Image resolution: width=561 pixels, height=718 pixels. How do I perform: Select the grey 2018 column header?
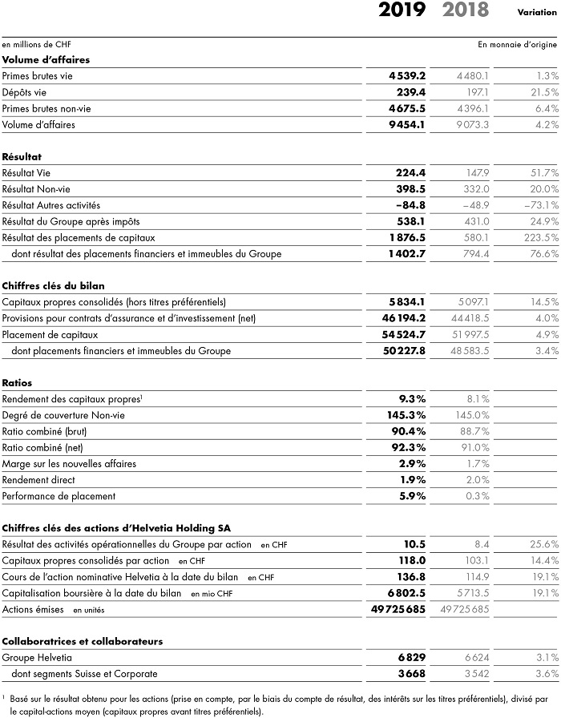pyautogui.click(x=465, y=10)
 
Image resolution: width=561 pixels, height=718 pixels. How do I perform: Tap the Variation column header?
pyautogui.click(x=539, y=12)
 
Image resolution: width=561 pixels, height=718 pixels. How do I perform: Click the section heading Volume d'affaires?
pyautogui.click(x=46, y=59)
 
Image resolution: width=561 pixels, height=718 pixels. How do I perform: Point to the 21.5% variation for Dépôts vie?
pyautogui.click(x=543, y=91)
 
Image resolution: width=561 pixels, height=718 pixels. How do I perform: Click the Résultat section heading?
pyautogui.click(x=22, y=156)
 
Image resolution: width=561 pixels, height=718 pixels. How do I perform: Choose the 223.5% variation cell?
pyautogui.click(x=540, y=237)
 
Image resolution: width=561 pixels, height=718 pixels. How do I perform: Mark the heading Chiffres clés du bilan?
pyautogui.click(x=54, y=285)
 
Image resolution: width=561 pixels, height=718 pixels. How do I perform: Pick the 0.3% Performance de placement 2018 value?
pyautogui.click(x=478, y=495)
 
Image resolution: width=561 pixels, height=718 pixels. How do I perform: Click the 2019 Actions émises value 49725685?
pyautogui.click(x=393, y=609)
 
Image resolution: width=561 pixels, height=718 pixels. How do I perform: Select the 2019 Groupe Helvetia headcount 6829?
pyautogui.click(x=410, y=657)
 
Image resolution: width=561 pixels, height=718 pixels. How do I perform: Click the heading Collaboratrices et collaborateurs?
pyautogui.click(x=83, y=641)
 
